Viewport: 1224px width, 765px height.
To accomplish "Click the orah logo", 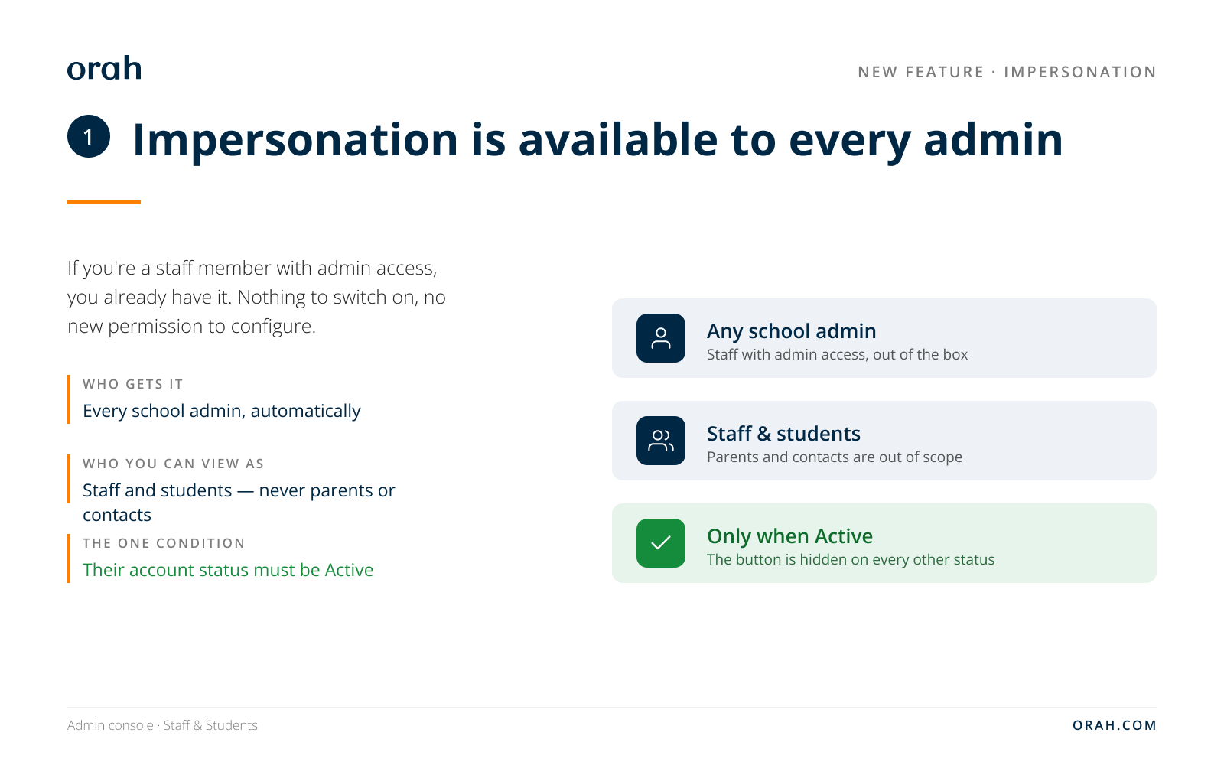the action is click(x=104, y=68).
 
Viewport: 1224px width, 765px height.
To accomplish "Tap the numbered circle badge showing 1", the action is click(x=89, y=137).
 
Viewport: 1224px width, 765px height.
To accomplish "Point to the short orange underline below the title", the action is click(x=104, y=202).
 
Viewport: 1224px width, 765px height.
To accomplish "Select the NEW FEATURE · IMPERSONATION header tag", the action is click(x=1007, y=72).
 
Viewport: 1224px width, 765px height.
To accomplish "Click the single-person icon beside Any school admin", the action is click(x=661, y=338).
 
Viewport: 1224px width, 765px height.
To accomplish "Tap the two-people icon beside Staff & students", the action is click(x=661, y=441).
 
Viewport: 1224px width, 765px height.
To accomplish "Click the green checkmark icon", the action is click(x=661, y=543).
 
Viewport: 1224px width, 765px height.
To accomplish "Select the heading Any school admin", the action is click(x=791, y=331).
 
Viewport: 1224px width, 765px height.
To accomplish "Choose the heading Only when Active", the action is click(x=789, y=536).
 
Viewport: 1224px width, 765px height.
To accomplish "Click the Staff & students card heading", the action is click(x=783, y=434).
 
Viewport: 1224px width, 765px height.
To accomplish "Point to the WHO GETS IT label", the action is click(x=133, y=384).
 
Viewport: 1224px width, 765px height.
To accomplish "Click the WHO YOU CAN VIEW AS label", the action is click(x=173, y=464).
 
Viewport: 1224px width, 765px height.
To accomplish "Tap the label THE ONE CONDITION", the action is click(x=164, y=543).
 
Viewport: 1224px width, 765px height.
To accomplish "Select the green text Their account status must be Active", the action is click(x=228, y=570).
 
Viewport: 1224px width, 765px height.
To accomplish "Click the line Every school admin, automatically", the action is click(x=221, y=411).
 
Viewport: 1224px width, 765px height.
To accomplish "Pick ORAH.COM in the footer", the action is click(x=1115, y=725).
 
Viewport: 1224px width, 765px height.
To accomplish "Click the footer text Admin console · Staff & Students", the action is click(x=162, y=725).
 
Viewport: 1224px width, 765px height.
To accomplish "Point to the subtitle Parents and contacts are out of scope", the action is click(x=835, y=457).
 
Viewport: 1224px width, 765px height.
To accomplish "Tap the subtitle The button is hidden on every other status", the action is click(x=851, y=559).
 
